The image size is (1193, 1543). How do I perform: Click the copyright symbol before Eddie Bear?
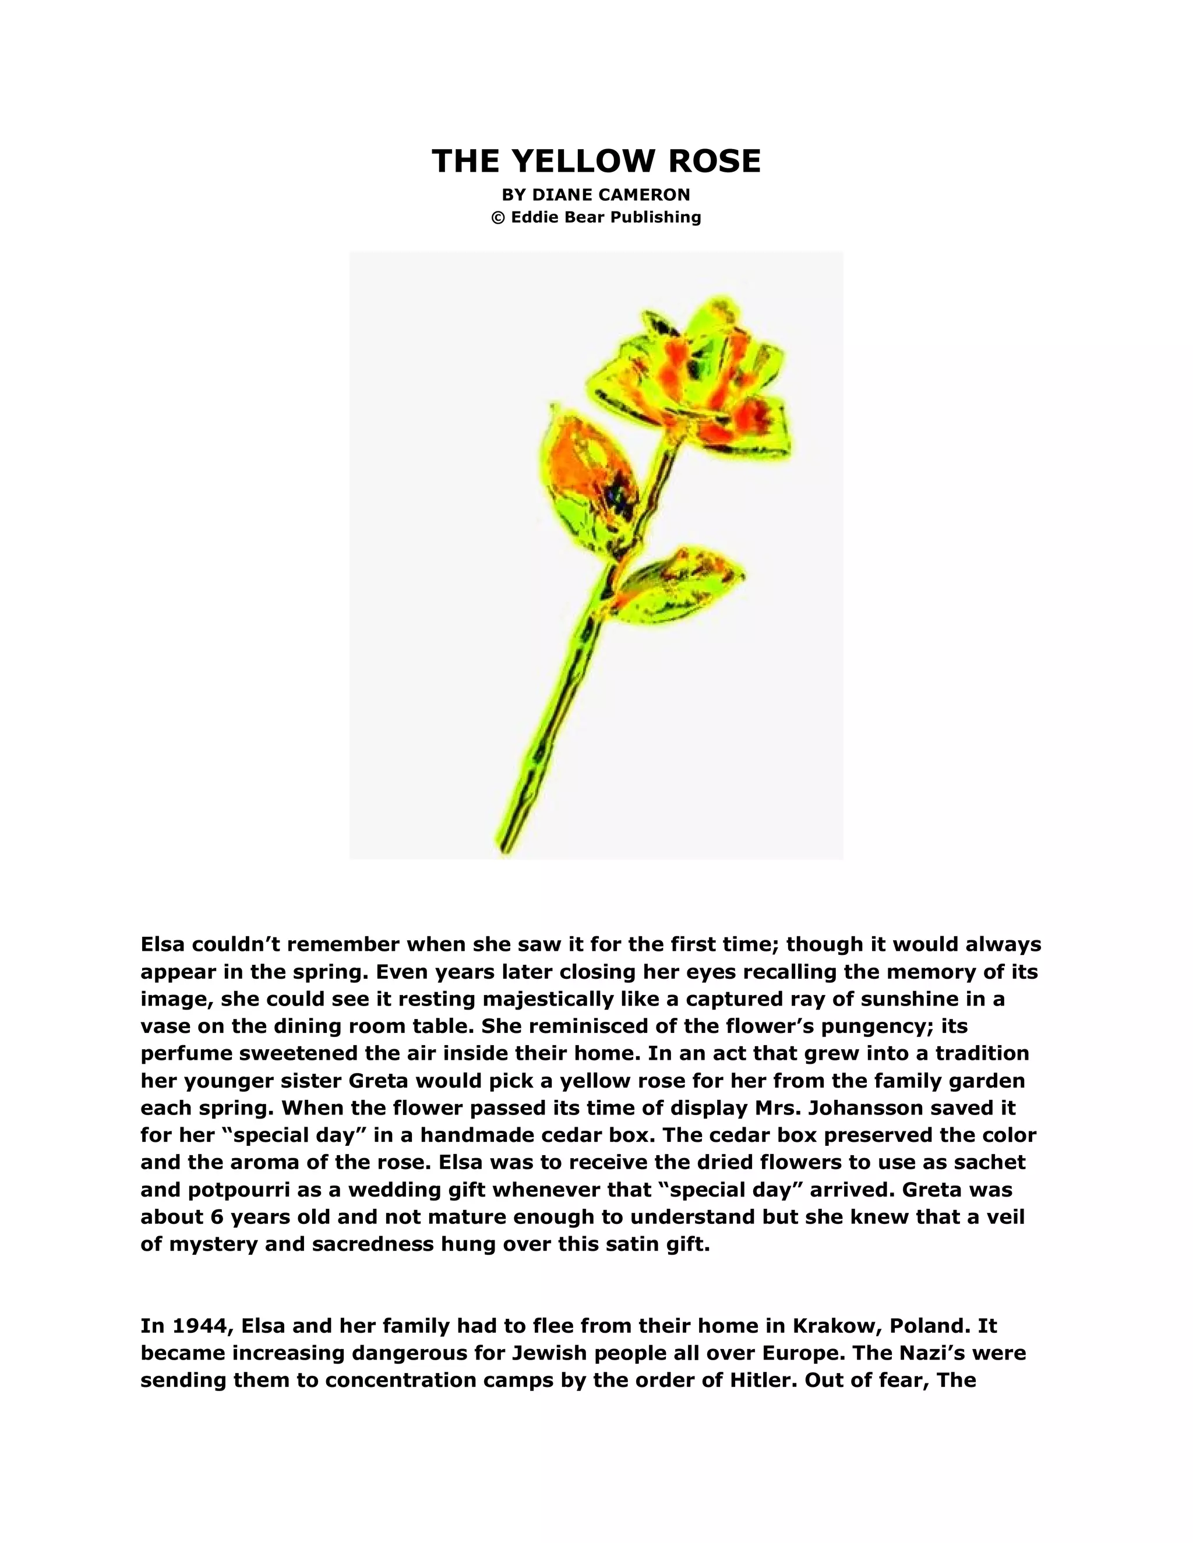pyautogui.click(x=497, y=218)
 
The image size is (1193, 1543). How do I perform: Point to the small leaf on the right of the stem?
pyautogui.click(x=679, y=579)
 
